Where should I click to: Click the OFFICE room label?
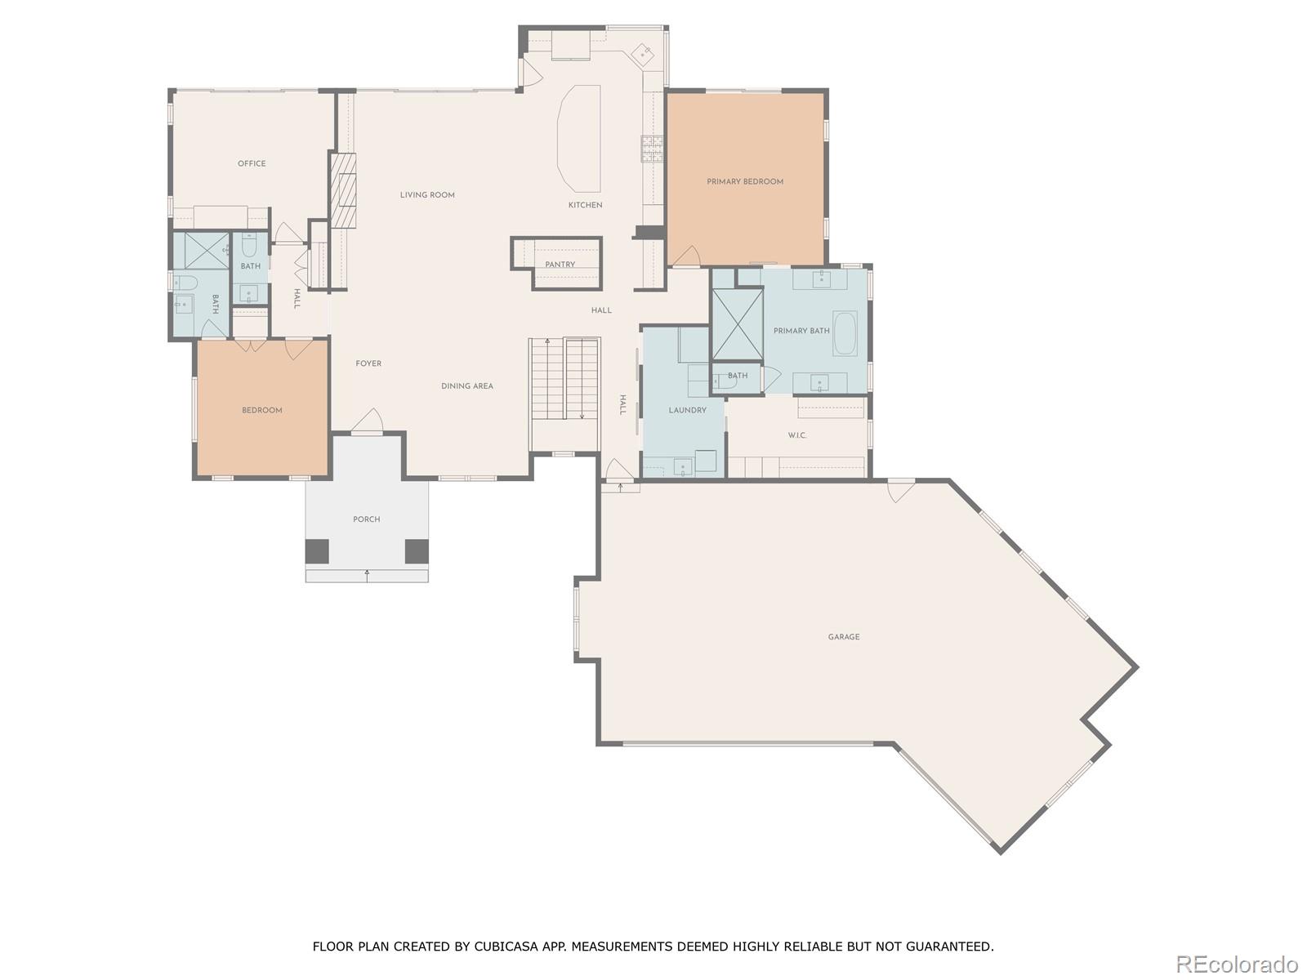[x=252, y=164]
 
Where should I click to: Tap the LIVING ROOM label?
[x=427, y=195]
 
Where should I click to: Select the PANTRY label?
[x=560, y=265]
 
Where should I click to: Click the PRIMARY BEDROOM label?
[x=745, y=182]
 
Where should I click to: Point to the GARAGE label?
[x=844, y=637]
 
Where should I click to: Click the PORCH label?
[x=366, y=519]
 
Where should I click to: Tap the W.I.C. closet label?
[x=797, y=436]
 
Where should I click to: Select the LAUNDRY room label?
[x=687, y=411]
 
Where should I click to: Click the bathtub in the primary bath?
[x=845, y=333]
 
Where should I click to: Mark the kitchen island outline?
[x=579, y=136]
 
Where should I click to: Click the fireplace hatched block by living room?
[x=345, y=189]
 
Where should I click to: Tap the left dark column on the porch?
[x=317, y=552]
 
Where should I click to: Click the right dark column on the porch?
[x=417, y=552]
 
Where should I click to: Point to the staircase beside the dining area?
[x=565, y=379]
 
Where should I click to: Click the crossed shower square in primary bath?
[x=737, y=323]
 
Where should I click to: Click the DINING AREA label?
[x=467, y=386]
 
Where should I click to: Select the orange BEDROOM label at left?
[x=261, y=411]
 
